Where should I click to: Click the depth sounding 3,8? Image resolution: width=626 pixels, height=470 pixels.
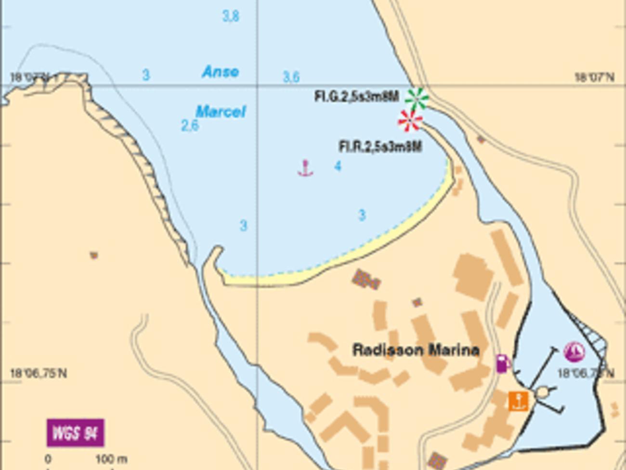pyautogui.click(x=231, y=16)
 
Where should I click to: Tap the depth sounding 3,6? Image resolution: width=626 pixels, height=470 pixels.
pyautogui.click(x=291, y=77)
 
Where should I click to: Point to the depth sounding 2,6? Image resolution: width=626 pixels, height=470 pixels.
pyautogui.click(x=190, y=125)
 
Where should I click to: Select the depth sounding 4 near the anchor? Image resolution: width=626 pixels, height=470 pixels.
pyautogui.click(x=338, y=166)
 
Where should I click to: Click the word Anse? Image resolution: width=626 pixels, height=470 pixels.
pyautogui.click(x=221, y=72)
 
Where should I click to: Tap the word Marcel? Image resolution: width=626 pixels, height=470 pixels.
pyautogui.click(x=221, y=112)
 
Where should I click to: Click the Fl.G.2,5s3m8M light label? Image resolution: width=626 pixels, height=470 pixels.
pyautogui.click(x=356, y=96)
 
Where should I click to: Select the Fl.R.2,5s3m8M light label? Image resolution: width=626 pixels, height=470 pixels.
pyautogui.click(x=380, y=146)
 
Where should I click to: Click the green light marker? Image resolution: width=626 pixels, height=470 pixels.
pyautogui.click(x=417, y=98)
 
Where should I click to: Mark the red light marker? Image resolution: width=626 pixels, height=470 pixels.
pyautogui.click(x=410, y=121)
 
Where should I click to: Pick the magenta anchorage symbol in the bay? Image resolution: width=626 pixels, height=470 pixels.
pyautogui.click(x=305, y=168)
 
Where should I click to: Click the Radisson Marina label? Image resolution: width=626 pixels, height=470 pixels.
pyautogui.click(x=416, y=350)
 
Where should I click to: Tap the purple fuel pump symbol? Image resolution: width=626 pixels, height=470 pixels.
pyautogui.click(x=502, y=363)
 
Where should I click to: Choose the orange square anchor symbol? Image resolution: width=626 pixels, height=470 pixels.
pyautogui.click(x=519, y=401)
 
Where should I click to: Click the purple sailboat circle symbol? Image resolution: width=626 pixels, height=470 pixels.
pyautogui.click(x=574, y=352)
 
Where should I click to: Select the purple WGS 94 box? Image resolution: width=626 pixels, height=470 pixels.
pyautogui.click(x=76, y=433)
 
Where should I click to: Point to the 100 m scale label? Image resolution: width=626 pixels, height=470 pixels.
pyautogui.click(x=111, y=459)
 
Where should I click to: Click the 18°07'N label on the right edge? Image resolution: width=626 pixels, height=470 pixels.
pyautogui.click(x=594, y=77)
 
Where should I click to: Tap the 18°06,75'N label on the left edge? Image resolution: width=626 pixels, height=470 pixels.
pyautogui.click(x=39, y=374)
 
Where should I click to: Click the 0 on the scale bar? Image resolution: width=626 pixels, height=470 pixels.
pyautogui.click(x=48, y=459)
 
